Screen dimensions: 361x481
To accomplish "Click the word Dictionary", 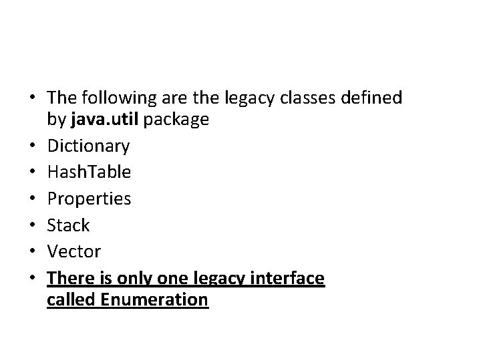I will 88,145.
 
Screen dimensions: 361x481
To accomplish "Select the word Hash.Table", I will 89,172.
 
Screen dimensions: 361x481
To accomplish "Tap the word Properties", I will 89,199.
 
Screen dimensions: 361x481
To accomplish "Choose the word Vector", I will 73,251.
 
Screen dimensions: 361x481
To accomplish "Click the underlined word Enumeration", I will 154,300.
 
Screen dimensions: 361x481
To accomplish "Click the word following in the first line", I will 116,98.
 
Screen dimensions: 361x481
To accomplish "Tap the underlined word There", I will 70,278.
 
